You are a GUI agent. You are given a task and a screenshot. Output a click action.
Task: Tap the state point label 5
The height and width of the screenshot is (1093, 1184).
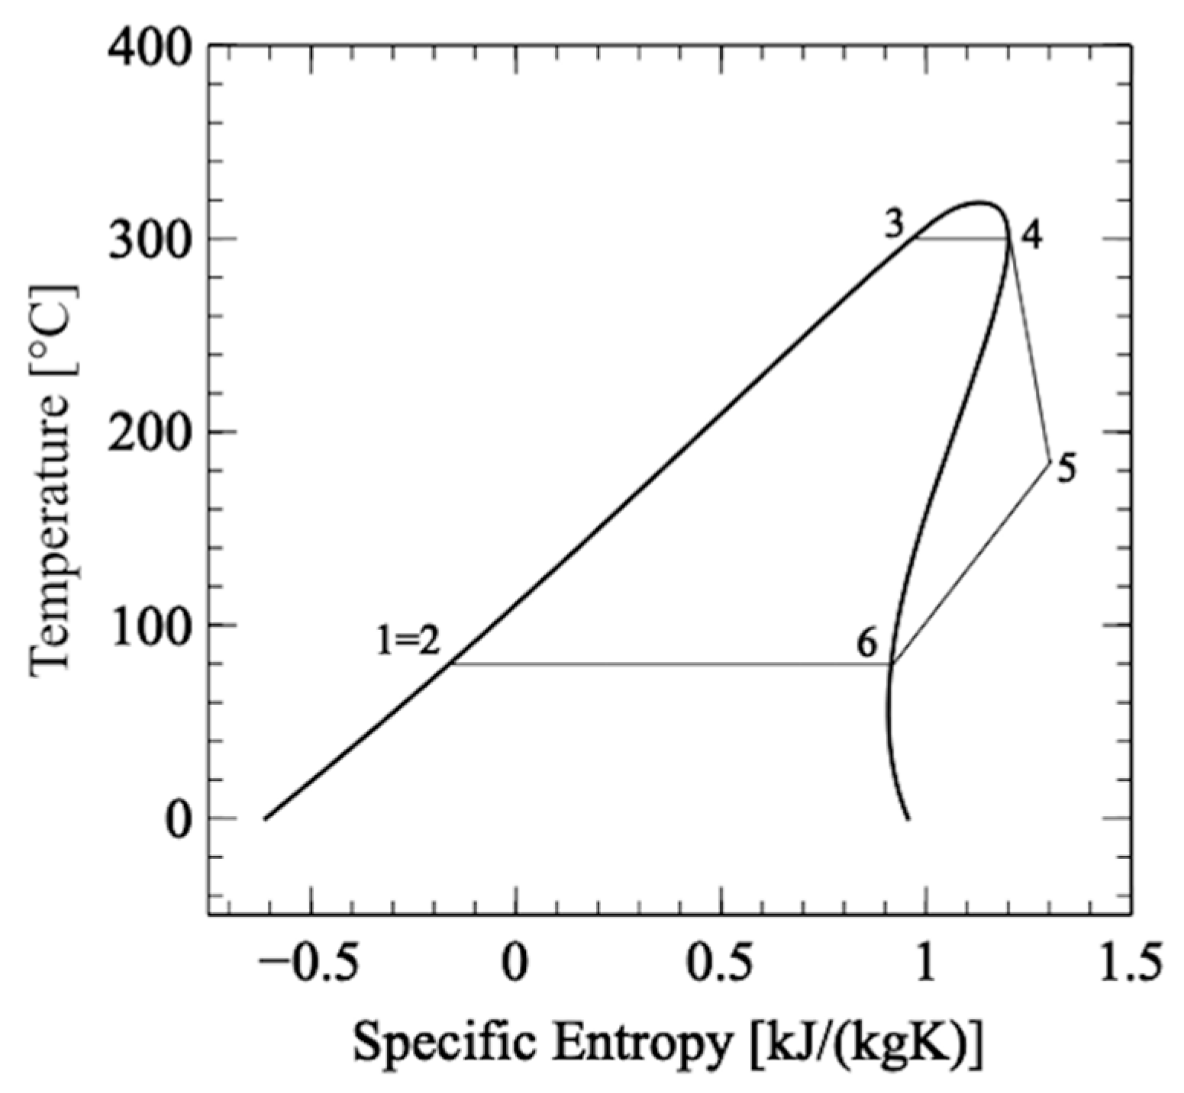coord(1066,468)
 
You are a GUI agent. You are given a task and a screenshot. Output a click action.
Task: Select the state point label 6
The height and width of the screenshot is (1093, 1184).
coord(867,645)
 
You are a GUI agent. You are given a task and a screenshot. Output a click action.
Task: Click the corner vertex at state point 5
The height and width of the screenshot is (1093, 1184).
coord(1050,461)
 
